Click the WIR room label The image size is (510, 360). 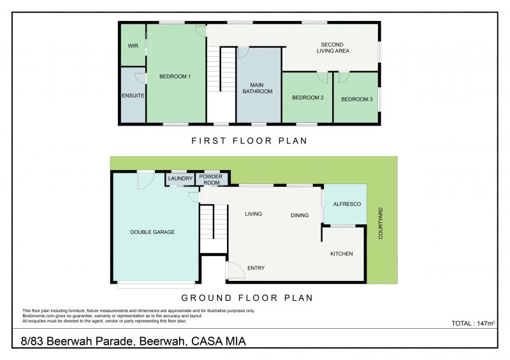pyautogui.click(x=133, y=46)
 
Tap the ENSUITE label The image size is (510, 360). pyautogui.click(x=133, y=96)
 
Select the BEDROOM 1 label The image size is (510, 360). pyautogui.click(x=175, y=76)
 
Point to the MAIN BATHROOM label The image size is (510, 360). pyautogui.click(x=258, y=88)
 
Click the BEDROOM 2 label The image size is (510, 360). pyautogui.click(x=308, y=97)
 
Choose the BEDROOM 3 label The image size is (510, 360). pyautogui.click(x=357, y=99)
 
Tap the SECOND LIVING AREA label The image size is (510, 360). pyautogui.click(x=333, y=48)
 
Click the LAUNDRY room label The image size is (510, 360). pyautogui.click(x=180, y=178)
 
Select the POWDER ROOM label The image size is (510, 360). pyautogui.click(x=211, y=180)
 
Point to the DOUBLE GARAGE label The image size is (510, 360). pyautogui.click(x=152, y=232)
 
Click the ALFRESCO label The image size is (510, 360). pyautogui.click(x=347, y=204)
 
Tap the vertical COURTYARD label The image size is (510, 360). pyautogui.click(x=381, y=224)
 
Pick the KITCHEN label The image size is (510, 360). pyautogui.click(x=342, y=254)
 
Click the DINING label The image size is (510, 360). pyautogui.click(x=300, y=215)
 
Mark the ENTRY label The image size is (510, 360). pyautogui.click(x=256, y=268)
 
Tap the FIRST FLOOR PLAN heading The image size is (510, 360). pyautogui.click(x=249, y=141)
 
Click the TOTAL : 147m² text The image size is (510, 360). pyautogui.click(x=473, y=323)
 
